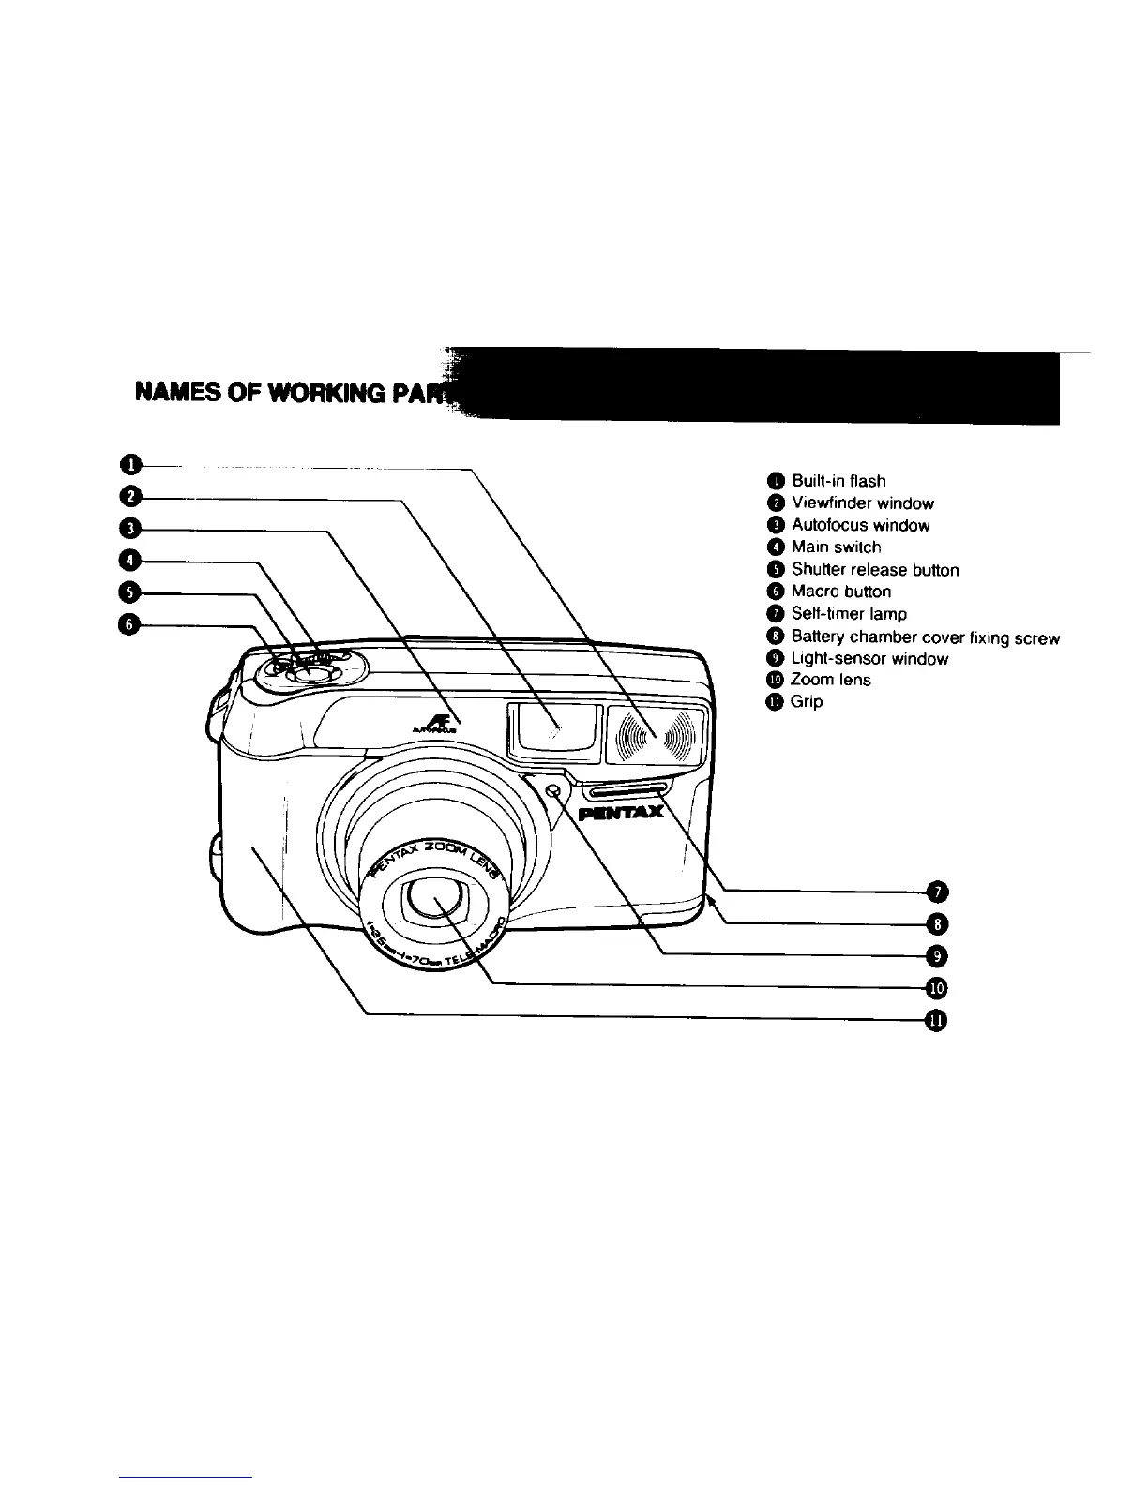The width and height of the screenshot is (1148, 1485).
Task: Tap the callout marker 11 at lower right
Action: (x=937, y=1021)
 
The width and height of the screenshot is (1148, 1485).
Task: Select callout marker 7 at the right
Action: (x=937, y=891)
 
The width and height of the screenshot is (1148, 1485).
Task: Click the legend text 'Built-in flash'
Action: (x=838, y=481)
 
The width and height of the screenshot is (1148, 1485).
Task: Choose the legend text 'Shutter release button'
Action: (x=874, y=570)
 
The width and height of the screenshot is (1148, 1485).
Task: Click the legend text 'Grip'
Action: (x=807, y=701)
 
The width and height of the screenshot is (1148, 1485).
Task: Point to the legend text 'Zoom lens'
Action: (x=830, y=680)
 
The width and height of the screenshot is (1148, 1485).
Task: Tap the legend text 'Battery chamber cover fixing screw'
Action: (x=925, y=638)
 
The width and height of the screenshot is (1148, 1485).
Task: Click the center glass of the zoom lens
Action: (x=433, y=901)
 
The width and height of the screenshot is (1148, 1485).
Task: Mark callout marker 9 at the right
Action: (x=937, y=955)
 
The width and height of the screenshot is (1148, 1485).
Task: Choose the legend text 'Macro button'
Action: (x=840, y=592)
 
